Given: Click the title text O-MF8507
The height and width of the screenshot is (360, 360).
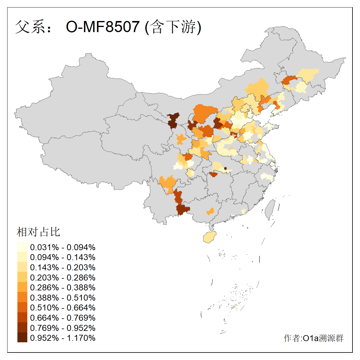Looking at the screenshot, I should pyautogui.click(x=103, y=27).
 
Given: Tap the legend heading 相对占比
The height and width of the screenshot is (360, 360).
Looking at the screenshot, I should pyautogui.click(x=38, y=232).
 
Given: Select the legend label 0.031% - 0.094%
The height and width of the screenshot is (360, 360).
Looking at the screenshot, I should pyautogui.click(x=63, y=247).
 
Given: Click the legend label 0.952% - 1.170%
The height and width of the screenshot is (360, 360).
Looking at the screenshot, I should pyautogui.click(x=63, y=338).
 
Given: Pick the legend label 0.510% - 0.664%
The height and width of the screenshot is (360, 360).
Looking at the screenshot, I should pyautogui.click(x=63, y=307).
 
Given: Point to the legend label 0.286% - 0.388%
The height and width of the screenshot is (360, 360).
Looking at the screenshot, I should pyautogui.click(x=63, y=287).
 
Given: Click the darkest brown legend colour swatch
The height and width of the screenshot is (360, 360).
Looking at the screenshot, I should pyautogui.click(x=22, y=337).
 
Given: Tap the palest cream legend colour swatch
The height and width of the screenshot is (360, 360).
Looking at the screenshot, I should pyautogui.click(x=22, y=247).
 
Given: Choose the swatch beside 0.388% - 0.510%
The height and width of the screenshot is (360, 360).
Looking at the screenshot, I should pyautogui.click(x=22, y=297).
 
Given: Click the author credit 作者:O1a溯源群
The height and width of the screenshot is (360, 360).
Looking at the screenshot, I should pyautogui.click(x=313, y=338).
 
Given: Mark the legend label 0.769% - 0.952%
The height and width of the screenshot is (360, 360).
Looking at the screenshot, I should pyautogui.click(x=63, y=328).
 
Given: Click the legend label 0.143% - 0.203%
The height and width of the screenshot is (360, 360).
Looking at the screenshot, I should pyautogui.click(x=63, y=267).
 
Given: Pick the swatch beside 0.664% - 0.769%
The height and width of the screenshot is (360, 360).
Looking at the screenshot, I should pyautogui.click(x=22, y=317).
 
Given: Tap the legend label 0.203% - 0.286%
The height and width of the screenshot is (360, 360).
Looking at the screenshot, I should pyautogui.click(x=63, y=277).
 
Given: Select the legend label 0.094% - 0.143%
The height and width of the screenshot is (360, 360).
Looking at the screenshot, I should pyautogui.click(x=63, y=257).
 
